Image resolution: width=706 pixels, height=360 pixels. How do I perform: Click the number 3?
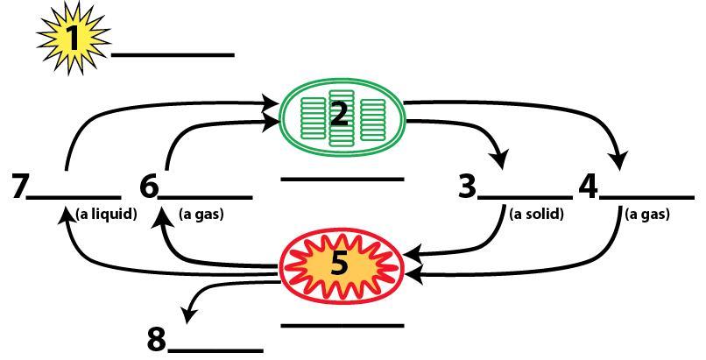coord(468,187)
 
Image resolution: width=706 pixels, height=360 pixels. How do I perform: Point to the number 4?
coord(588,187)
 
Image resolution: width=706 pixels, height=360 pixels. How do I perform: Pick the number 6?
coord(149,187)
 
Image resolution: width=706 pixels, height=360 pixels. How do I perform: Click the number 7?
coord(20,187)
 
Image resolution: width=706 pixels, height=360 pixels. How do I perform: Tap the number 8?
coord(157,338)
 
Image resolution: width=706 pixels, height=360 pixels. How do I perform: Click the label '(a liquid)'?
coord(106,213)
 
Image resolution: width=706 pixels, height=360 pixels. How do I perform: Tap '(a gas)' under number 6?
coord(201,213)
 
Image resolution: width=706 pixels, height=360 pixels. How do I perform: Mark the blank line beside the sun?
coord(173,55)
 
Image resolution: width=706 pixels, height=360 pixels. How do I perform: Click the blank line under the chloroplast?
coord(342,180)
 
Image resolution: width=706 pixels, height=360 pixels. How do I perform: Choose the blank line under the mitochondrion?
coord(342,326)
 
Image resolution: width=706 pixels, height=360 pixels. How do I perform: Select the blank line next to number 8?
coord(215,350)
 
